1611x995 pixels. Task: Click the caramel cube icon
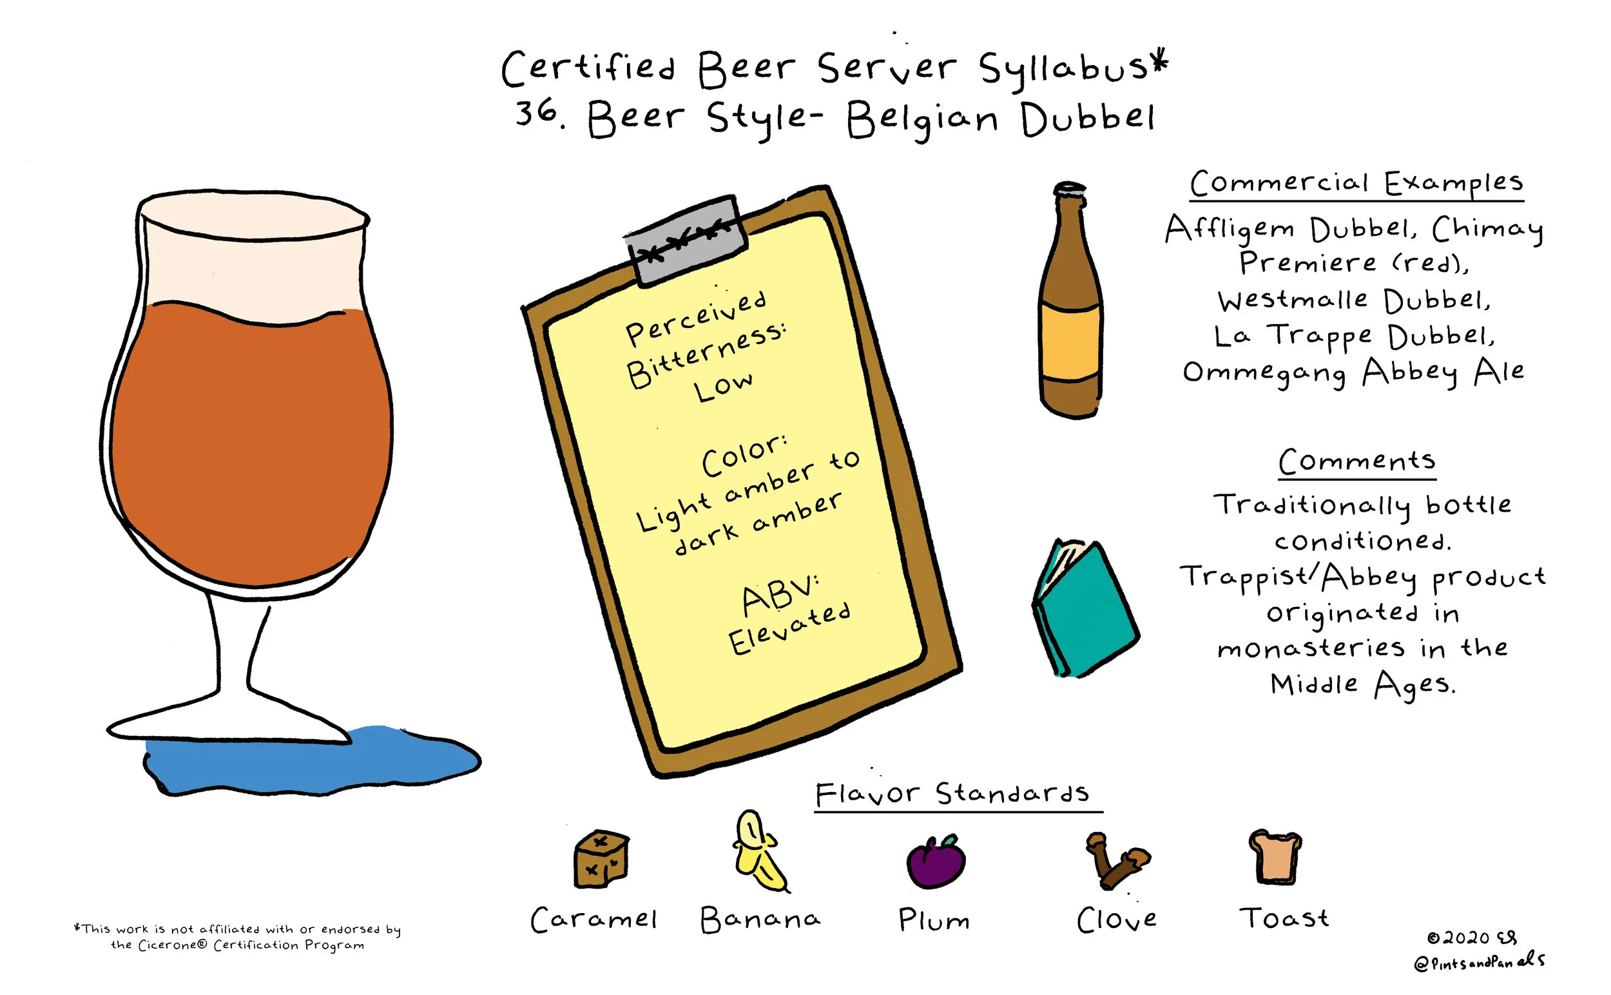pos(601,858)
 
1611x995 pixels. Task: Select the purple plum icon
pos(935,862)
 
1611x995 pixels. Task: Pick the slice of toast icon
pos(1275,857)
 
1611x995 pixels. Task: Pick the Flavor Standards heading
pos(952,794)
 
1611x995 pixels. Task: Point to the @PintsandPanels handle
pos(1478,961)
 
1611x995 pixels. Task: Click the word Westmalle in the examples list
pos(1292,300)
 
